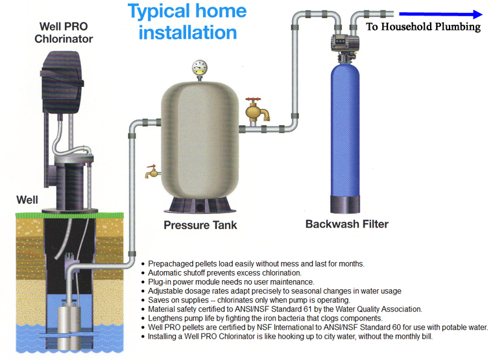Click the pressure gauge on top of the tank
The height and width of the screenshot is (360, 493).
(200, 69)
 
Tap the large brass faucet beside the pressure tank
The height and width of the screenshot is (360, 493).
(257, 111)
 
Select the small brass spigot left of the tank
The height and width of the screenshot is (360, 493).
(152, 171)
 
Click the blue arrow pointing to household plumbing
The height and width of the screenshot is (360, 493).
(440, 14)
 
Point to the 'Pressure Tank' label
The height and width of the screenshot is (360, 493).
(200, 225)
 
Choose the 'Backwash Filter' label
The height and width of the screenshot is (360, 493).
(347, 224)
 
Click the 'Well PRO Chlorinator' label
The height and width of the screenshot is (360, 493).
(64, 32)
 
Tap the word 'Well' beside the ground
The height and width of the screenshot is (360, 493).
(27, 200)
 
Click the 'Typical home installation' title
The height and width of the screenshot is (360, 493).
(187, 21)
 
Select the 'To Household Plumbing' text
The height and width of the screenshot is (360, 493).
(423, 27)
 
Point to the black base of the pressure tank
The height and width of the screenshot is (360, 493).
(200, 205)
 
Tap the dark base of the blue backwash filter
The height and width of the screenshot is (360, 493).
(345, 204)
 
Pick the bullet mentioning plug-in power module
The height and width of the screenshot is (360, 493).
(231, 282)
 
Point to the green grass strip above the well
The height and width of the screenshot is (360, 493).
(69, 215)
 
